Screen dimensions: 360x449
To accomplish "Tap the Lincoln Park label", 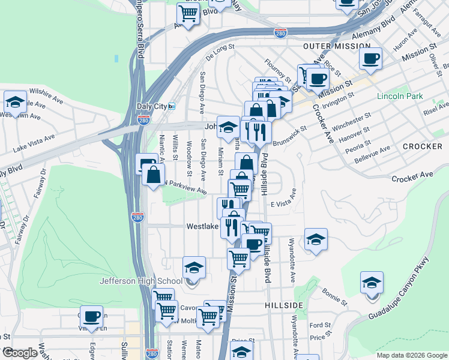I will [x=400, y=96].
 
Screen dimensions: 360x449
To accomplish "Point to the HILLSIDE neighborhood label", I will [x=284, y=305].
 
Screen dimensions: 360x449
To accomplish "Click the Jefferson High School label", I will [x=141, y=281].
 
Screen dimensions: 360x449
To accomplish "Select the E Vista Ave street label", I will [x=283, y=200].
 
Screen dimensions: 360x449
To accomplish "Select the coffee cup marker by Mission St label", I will [x=370, y=59].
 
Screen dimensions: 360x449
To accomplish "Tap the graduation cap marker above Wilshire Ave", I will [x=16, y=101].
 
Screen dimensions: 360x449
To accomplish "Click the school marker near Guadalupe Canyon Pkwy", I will [x=372, y=283].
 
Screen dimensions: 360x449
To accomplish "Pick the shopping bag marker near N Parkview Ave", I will [x=154, y=175].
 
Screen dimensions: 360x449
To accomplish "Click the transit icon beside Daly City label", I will [x=171, y=106].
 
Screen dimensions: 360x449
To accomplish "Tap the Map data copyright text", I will [x=411, y=355].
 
